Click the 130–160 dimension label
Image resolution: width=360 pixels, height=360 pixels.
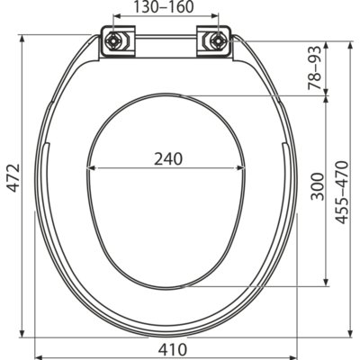[x=164, y=7]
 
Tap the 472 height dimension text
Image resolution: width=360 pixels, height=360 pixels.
[x=13, y=178]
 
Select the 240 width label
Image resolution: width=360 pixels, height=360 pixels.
[x=168, y=159]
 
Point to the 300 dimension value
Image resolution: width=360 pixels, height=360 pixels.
[x=318, y=186]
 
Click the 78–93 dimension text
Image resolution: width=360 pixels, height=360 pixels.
[x=315, y=68]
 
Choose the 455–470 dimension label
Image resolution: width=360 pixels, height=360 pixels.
[x=342, y=193]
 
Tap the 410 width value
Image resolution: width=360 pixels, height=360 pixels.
[x=172, y=349]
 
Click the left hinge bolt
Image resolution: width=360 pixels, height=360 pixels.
[x=113, y=40]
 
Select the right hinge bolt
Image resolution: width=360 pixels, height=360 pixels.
[x=217, y=40]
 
